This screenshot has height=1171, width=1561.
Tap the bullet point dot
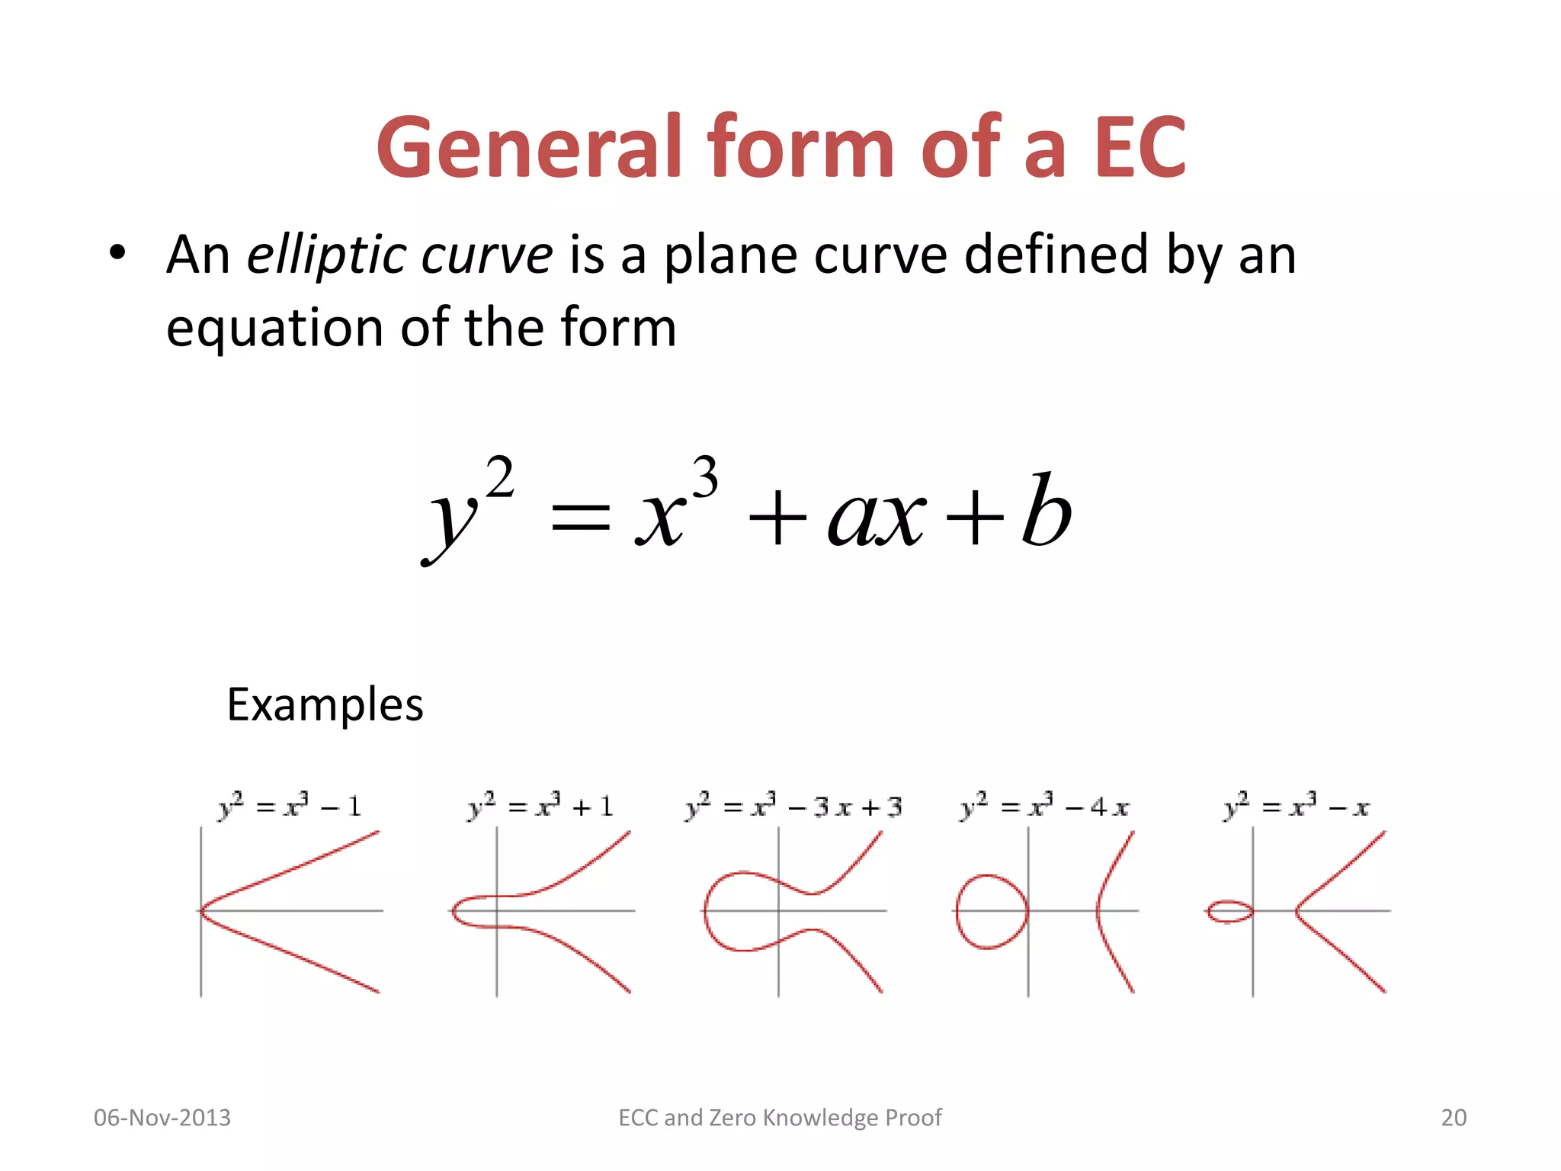(116, 253)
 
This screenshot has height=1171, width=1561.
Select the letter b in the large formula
(1047, 509)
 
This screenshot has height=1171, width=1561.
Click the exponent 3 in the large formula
(705, 477)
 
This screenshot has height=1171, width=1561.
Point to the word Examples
(325, 704)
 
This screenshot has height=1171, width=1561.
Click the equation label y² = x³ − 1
(290, 806)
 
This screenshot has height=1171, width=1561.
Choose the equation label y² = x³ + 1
(540, 806)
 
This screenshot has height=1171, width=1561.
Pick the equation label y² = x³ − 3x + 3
(793, 806)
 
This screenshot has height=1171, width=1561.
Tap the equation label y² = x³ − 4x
(1044, 806)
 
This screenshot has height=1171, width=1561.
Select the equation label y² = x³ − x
(1297, 806)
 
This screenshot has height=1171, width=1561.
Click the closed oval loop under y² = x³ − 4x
(957, 911)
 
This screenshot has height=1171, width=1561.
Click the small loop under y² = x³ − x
(1210, 911)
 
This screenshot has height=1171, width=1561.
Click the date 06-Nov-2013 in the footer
(162, 1118)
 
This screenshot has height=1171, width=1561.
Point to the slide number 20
(1454, 1118)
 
